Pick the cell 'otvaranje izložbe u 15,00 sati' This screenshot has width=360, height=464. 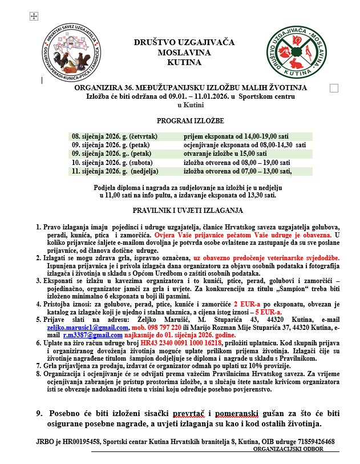(x=225, y=154)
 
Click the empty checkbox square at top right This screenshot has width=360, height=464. (x=334, y=87)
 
